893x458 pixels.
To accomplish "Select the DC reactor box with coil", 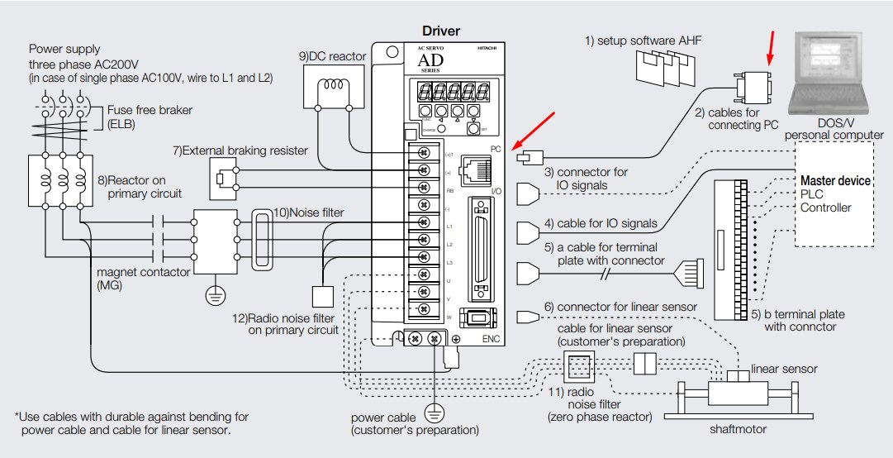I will coord(335,87).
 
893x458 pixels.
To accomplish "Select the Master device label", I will coord(835,180).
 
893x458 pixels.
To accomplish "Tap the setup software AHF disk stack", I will coord(663,70).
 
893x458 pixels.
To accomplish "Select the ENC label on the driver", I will coord(492,339).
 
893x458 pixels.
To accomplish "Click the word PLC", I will coord(812,194).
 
